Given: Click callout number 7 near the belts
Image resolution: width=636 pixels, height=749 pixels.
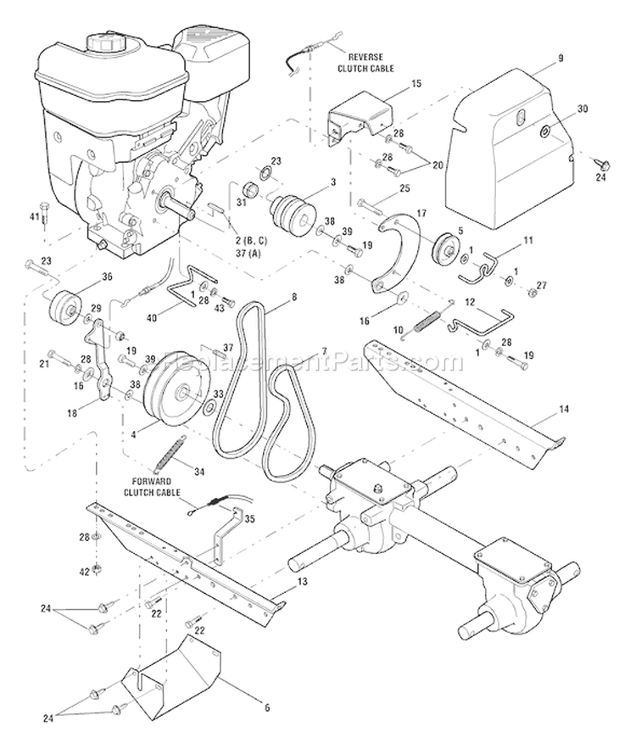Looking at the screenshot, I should click(x=322, y=351).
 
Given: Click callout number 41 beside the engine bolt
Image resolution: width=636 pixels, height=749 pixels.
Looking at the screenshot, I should click(x=35, y=216).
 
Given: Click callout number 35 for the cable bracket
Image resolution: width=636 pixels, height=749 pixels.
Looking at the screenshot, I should click(x=249, y=519).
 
